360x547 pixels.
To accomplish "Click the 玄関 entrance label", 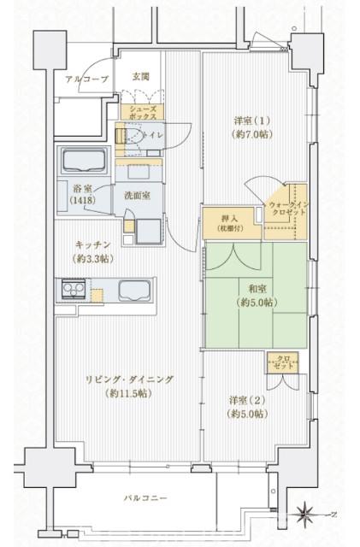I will coord(141,77).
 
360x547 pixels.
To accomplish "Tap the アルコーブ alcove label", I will coord(86,79).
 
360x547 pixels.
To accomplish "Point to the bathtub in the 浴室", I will coord(80,160).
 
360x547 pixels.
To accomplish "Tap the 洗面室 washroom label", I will coord(137,196).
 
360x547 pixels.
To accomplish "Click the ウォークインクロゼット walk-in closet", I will coord(285,209).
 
